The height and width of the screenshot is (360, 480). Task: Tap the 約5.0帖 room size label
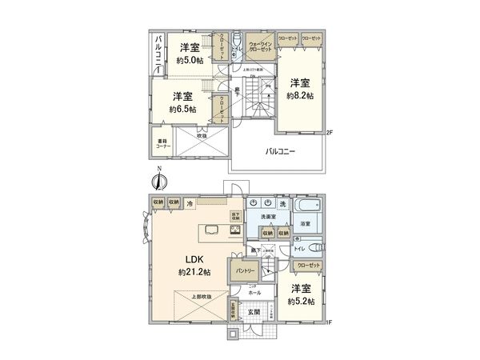pyautogui.click(x=190, y=58)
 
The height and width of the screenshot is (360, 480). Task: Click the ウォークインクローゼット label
pyautogui.click(x=261, y=46)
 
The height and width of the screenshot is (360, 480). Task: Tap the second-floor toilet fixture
pyautogui.click(x=238, y=44)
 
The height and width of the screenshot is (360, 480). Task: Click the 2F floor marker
pyautogui.click(x=329, y=133)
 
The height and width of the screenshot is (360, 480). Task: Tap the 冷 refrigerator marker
pyautogui.click(x=190, y=204)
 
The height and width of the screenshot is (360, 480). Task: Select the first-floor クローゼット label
pyautogui.click(x=308, y=265)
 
